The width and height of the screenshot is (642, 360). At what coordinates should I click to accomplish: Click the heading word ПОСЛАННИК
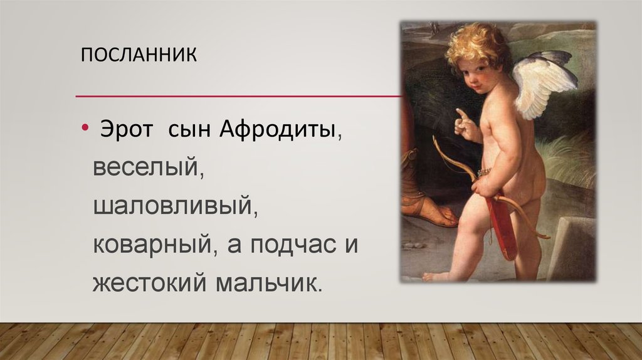pos(139,55)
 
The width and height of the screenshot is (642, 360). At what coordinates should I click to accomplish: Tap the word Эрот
pos(124,131)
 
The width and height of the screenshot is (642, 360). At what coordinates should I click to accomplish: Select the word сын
pos(187,131)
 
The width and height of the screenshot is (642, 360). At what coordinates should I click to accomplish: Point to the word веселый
pos(147,168)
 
